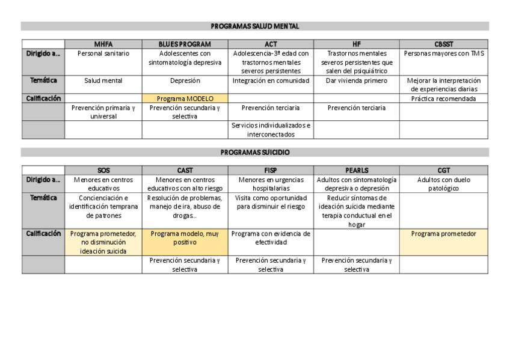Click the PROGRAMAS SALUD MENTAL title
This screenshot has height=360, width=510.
click(x=255, y=26)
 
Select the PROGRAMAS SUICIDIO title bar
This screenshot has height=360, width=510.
click(x=255, y=153)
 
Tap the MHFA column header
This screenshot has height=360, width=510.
click(x=103, y=44)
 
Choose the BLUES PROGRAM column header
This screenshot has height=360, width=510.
click(x=185, y=44)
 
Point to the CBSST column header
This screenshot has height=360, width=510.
click(x=444, y=44)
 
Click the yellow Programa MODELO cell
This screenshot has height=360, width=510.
click(x=185, y=99)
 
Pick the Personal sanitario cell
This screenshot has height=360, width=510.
click(x=103, y=53)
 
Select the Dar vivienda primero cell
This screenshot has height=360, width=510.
click(x=357, y=81)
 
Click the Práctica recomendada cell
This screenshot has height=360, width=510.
click(x=444, y=99)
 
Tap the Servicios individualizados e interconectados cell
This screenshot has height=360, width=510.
click(x=271, y=130)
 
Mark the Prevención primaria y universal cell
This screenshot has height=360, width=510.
click(x=103, y=112)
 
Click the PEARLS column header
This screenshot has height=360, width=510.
click(x=357, y=171)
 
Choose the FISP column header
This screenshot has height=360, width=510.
click(x=271, y=171)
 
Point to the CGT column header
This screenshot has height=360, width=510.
click(x=444, y=171)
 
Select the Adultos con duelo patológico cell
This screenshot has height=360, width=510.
click(x=444, y=184)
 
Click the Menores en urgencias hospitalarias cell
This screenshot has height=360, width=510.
click(x=271, y=184)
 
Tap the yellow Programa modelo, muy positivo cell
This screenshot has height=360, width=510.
click(x=185, y=238)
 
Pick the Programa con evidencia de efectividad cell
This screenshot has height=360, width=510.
click(x=271, y=238)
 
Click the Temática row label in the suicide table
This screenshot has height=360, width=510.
click(x=43, y=198)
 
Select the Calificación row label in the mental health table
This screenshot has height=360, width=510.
click(x=43, y=98)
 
